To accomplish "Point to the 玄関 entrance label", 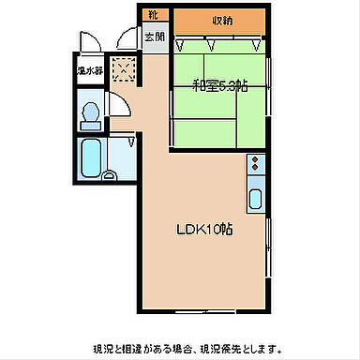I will (154, 37).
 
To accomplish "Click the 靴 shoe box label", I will (153, 15).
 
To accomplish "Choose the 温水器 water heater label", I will (89, 70).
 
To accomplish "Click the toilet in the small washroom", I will (92, 114).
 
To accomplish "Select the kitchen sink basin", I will (256, 199).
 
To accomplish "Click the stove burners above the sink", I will (256, 168).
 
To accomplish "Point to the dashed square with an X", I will (123, 68).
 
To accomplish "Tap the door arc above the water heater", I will (89, 42).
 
